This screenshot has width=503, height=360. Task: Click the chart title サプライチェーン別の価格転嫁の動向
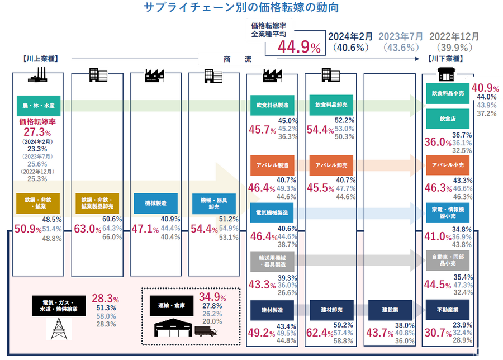[x=241, y=8]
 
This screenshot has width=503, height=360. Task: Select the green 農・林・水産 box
[x=38, y=105]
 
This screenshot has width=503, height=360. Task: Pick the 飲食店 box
[x=448, y=119]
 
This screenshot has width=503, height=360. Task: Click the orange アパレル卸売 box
[x=331, y=165]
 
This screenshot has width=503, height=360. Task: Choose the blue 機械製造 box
[x=152, y=203]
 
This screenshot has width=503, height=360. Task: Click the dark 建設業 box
[x=391, y=310]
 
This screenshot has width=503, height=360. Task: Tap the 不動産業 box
[x=448, y=310]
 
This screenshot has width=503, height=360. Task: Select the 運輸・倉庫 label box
[x=169, y=306]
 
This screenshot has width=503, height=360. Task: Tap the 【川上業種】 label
[x=41, y=58]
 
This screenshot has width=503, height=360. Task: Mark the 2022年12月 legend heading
[x=454, y=36]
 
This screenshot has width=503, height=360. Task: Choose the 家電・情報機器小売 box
[x=448, y=213]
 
